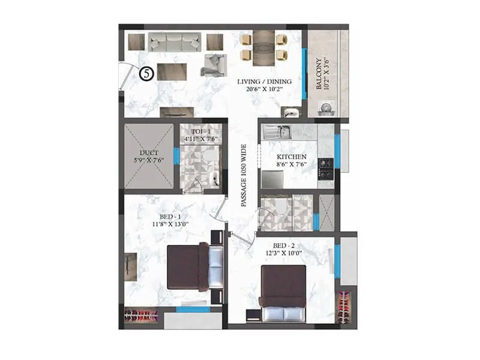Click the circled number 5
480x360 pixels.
click(146, 74)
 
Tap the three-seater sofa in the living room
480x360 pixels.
click(175, 42)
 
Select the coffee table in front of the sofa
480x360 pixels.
click(172, 71)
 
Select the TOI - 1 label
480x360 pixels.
click(200, 131)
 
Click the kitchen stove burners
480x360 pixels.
click(326, 169)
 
